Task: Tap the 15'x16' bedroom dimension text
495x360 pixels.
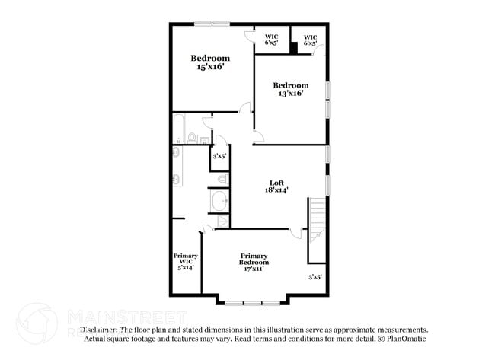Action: click(210, 67)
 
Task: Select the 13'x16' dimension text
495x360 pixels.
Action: click(291, 94)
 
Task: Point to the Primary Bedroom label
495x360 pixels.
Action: click(254, 259)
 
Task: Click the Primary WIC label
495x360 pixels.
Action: click(186, 259)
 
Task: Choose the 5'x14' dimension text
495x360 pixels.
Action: click(186, 268)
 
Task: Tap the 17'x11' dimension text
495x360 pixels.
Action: click(254, 269)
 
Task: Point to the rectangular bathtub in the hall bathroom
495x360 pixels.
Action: click(179, 129)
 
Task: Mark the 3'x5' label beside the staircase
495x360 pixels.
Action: click(315, 277)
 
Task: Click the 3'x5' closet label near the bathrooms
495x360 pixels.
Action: click(219, 156)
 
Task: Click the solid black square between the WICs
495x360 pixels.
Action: click(293, 46)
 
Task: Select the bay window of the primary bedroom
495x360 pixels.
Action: click(254, 301)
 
